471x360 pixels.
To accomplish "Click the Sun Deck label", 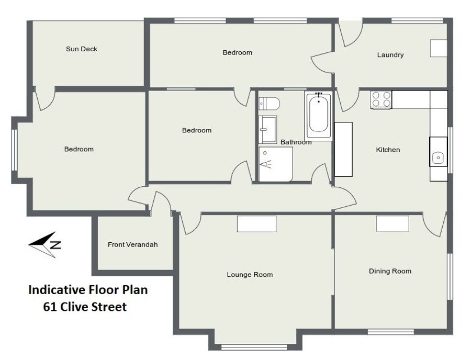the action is [82, 49].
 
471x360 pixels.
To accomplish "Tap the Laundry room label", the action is [390, 55].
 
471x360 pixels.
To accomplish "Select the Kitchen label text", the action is [388, 150].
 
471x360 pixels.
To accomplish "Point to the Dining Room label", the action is [390, 271].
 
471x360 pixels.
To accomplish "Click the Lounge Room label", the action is [250, 275].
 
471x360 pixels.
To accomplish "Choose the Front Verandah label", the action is [132, 245].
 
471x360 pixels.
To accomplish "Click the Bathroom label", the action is [296, 142].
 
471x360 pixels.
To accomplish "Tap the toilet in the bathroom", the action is [269, 104].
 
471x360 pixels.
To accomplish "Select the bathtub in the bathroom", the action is [318, 116].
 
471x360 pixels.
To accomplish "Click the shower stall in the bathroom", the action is [275, 164].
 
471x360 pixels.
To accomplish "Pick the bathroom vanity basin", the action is [267, 130].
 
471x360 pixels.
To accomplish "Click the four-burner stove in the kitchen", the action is [381, 100].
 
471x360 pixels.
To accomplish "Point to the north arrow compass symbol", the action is [45, 245].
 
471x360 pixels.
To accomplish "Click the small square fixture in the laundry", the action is [439, 48].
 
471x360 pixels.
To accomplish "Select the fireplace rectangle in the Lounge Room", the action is [256, 223].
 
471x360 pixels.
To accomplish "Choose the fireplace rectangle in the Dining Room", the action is [392, 223].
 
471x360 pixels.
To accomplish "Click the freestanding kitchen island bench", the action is [343, 149].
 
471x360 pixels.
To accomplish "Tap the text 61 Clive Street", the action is [85, 307].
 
